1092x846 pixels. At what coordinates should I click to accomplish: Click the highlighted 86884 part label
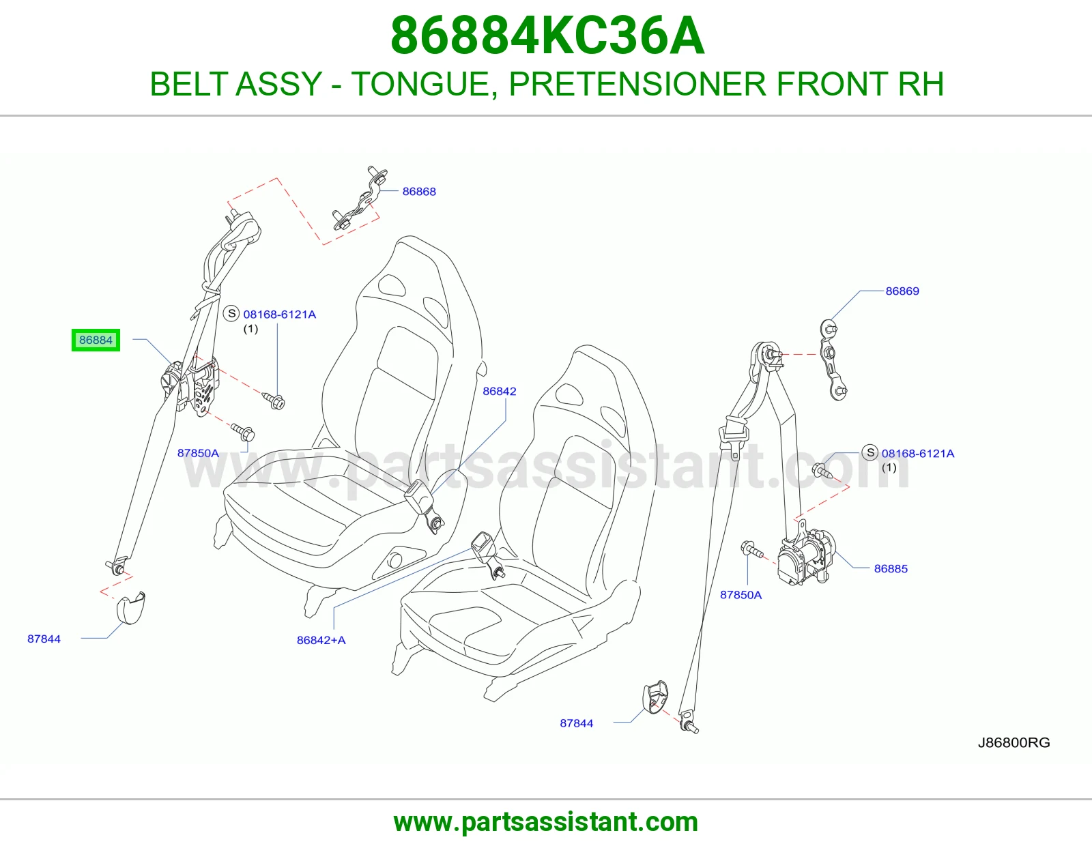point(96,340)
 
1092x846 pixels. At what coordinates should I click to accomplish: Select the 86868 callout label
point(419,192)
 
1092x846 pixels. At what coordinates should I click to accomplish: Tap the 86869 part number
point(902,291)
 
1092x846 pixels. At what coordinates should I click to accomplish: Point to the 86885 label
point(891,569)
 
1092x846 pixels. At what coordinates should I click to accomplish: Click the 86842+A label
point(321,640)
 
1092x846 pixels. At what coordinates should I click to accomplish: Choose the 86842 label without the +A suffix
point(499,392)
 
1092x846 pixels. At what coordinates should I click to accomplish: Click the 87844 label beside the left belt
point(44,639)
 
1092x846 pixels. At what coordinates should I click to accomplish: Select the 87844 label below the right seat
point(577,723)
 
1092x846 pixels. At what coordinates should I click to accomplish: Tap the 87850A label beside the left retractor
point(198,453)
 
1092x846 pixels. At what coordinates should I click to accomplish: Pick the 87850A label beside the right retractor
point(741,595)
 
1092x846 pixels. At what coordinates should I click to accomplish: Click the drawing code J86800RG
point(1014,742)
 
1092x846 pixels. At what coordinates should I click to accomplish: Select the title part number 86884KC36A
point(547,35)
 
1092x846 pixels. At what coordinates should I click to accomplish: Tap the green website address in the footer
point(546,822)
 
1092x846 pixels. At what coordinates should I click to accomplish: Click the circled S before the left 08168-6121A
point(231,313)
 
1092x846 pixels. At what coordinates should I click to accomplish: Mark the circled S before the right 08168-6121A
point(870,452)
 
